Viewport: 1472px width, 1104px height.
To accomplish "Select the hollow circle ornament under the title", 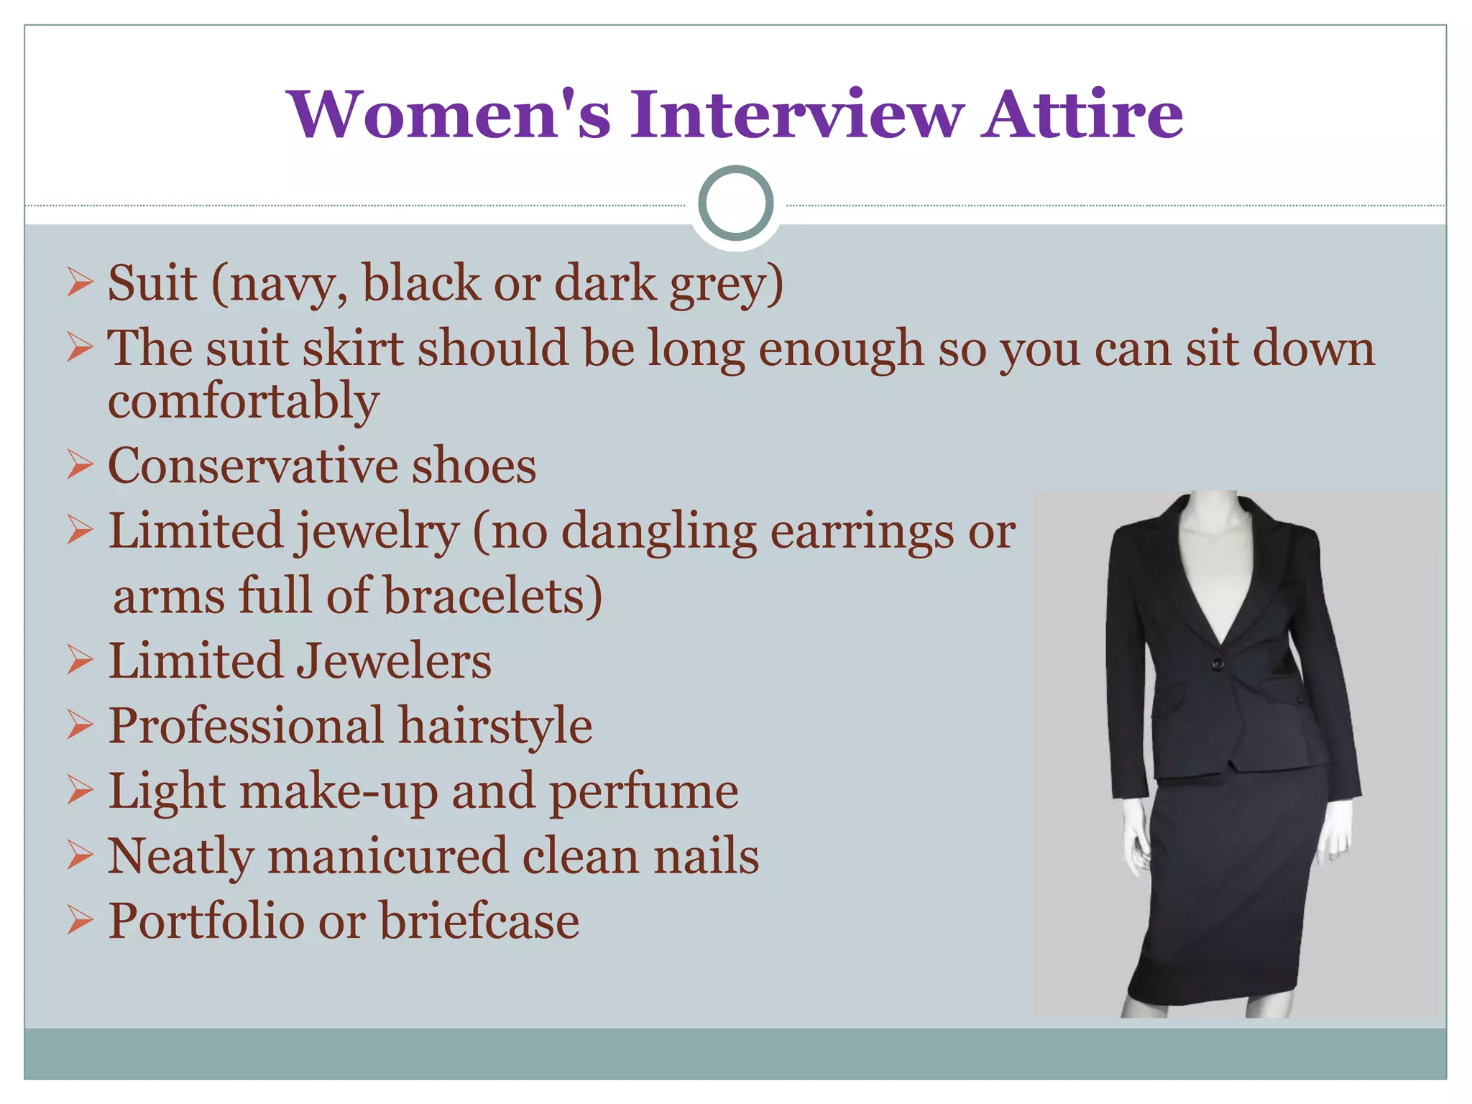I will point(735,203).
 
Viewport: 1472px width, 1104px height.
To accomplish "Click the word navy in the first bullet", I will point(282,285).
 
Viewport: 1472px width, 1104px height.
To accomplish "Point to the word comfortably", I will point(243,402).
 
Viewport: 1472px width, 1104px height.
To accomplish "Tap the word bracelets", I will point(492,597).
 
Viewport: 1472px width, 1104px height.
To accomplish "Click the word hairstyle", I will point(495,726).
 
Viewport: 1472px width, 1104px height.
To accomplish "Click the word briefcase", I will point(479,921).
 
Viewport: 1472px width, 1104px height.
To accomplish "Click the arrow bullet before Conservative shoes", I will point(80,465).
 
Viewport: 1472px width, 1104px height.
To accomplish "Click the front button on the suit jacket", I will point(1218,663).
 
